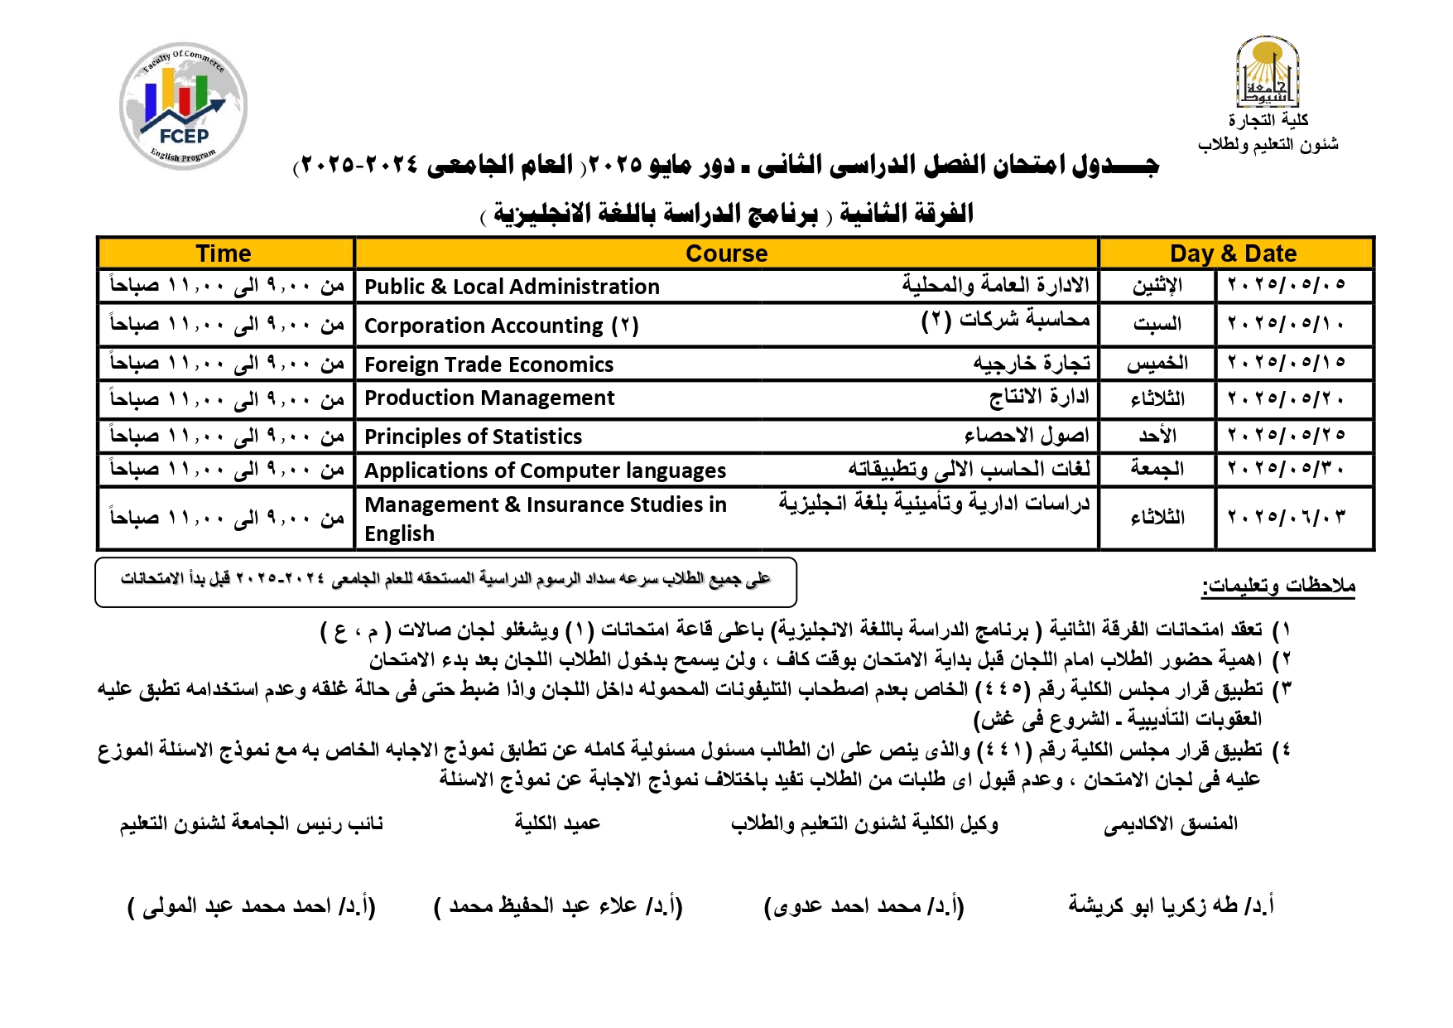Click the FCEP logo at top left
click(183, 106)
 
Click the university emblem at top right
click(1267, 73)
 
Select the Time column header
click(224, 253)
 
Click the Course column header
click(726, 253)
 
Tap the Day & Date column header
click(1233, 253)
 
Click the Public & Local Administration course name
click(512, 287)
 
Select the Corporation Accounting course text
click(501, 326)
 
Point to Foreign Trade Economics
click(488, 364)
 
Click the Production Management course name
click(489, 398)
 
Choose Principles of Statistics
click(473, 437)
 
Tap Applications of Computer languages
click(545, 471)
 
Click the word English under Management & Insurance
click(399, 533)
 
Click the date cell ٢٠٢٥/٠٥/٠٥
click(1286, 286)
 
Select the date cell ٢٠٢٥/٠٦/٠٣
click(1286, 518)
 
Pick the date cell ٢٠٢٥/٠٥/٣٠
click(1286, 470)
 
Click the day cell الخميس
click(1157, 364)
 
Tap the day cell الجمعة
click(1157, 469)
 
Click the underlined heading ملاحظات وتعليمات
click(1277, 586)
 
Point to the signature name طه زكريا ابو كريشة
click(1170, 905)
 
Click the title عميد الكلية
click(557, 823)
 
